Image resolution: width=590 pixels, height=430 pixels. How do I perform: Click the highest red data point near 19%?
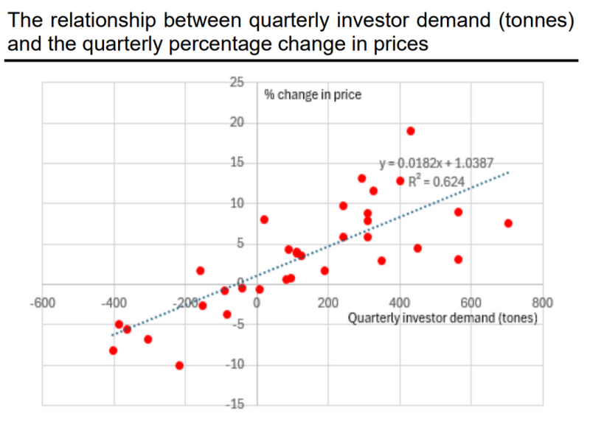(411, 131)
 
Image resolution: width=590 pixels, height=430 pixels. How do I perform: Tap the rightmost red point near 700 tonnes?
(508, 223)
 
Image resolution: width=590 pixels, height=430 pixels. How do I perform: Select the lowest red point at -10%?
(179, 365)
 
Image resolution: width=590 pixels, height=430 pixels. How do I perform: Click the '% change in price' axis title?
(313, 95)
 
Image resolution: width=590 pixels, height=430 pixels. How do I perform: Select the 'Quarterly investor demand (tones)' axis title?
(442, 319)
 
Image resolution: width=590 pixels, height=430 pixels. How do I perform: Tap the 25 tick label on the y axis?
(236, 82)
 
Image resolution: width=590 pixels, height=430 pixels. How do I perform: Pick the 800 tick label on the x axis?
(542, 303)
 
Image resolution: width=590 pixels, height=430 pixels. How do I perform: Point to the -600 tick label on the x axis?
(42, 303)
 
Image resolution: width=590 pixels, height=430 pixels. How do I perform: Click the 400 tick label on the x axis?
(400, 303)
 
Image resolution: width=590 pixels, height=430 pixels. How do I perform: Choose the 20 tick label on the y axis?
(236, 122)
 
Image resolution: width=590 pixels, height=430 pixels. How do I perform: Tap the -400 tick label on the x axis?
(114, 303)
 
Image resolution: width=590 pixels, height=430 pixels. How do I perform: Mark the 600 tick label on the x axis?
(471, 303)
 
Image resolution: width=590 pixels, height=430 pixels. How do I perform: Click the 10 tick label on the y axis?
(236, 203)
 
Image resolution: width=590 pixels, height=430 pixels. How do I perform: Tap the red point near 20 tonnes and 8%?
(264, 219)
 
